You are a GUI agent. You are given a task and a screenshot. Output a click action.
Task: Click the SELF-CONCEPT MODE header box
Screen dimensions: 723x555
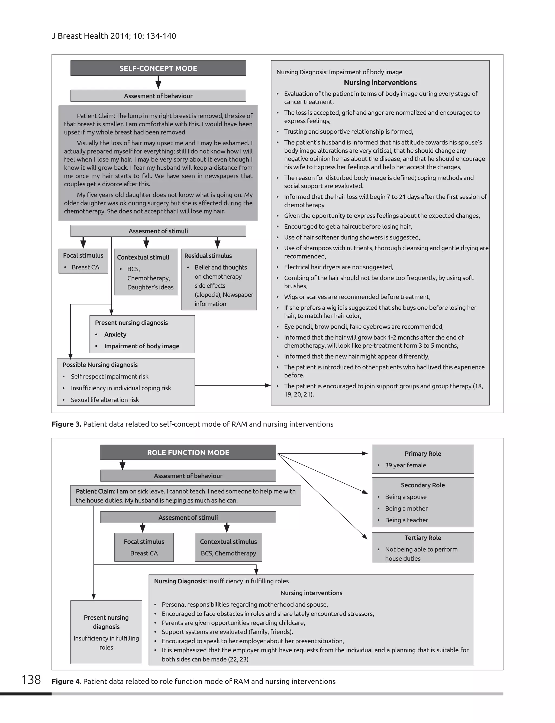click(x=158, y=68)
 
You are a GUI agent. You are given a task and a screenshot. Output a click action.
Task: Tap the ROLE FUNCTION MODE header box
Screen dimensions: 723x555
click(x=188, y=452)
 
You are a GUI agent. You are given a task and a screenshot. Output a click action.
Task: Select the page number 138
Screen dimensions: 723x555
click(x=31, y=679)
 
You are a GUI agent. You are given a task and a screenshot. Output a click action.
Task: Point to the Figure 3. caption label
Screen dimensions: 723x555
click(x=66, y=424)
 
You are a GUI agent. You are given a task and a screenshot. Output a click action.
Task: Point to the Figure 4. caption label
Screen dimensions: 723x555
click(x=66, y=681)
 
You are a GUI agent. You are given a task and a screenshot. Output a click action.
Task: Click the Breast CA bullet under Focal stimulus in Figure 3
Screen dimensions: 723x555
click(x=85, y=267)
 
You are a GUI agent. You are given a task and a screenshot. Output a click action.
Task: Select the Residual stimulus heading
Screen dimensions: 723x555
click(x=208, y=256)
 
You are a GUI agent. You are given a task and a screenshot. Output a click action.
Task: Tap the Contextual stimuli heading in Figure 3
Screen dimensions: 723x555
click(x=143, y=257)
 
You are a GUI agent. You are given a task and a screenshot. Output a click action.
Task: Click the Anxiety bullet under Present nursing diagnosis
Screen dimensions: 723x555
click(x=115, y=335)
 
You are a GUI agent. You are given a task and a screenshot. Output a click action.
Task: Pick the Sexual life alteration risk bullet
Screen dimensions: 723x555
click(x=105, y=400)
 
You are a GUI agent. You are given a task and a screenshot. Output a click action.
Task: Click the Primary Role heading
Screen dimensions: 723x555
click(x=422, y=453)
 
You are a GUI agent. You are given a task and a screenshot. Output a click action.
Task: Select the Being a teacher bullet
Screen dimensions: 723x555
click(x=406, y=520)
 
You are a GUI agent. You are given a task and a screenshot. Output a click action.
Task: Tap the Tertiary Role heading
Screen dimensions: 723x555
click(x=422, y=538)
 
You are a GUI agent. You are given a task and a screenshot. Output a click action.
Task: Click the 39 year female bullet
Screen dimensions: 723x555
click(x=405, y=465)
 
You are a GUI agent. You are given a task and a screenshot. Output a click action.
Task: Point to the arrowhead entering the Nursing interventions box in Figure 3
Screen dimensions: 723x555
click(x=268, y=385)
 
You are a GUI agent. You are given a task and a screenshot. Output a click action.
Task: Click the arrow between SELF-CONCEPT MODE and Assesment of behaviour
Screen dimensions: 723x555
click(x=158, y=82)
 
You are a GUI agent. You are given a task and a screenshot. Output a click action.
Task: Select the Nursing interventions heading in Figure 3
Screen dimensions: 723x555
click(x=380, y=83)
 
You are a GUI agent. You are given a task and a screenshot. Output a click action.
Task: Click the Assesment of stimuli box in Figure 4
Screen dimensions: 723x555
click(x=188, y=518)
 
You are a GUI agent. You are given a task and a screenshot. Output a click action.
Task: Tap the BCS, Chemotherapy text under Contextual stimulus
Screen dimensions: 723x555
click(x=228, y=553)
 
